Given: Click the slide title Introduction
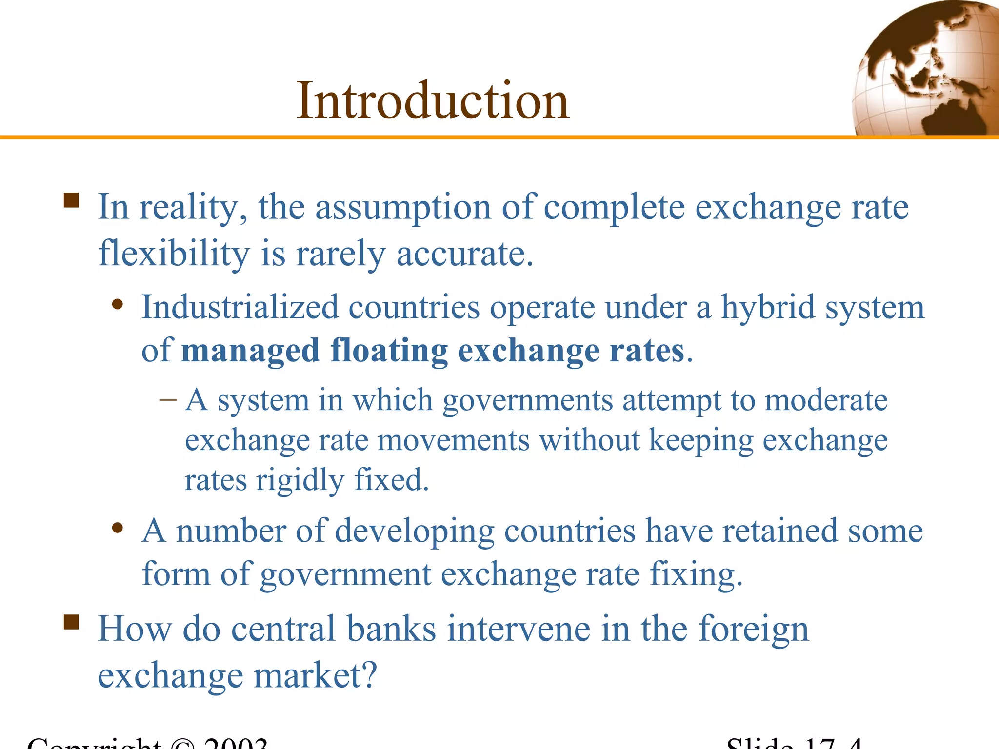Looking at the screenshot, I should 433,101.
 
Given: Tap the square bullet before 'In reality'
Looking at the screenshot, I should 71,200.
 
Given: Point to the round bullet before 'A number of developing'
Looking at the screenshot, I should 117,528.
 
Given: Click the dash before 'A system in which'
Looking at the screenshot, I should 168,400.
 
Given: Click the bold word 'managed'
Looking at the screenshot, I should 250,351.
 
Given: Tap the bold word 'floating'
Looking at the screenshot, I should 389,351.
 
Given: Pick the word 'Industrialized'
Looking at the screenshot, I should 240,308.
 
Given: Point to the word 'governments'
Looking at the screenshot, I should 527,401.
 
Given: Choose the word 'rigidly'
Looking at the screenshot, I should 300,481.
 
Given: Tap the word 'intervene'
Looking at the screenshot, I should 519,629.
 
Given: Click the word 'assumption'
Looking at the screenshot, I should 403,208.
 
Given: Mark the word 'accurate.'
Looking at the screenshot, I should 465,254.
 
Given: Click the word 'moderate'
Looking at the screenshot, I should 826,401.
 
